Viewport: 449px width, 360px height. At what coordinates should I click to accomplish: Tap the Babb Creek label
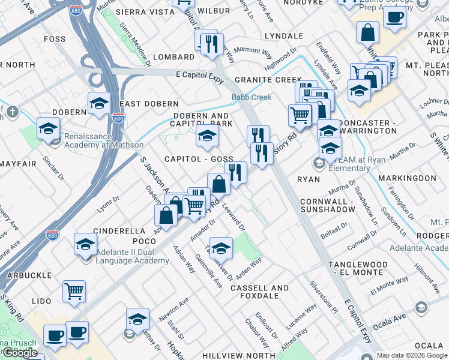[x=252, y=97]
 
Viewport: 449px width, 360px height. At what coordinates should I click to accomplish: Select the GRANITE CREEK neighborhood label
[x=268, y=80]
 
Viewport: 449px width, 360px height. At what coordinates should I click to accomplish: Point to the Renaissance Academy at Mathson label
[x=104, y=145]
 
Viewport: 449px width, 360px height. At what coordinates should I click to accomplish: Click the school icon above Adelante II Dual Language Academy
[x=86, y=244]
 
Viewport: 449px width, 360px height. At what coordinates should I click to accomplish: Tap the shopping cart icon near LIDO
[x=74, y=291]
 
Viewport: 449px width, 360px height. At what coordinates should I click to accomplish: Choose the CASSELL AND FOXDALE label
[x=259, y=292]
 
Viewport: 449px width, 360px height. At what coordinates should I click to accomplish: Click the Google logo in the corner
[x=20, y=353]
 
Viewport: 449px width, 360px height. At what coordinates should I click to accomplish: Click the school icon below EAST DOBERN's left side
[x=99, y=104]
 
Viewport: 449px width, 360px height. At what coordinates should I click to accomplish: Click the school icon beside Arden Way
[x=221, y=247]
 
